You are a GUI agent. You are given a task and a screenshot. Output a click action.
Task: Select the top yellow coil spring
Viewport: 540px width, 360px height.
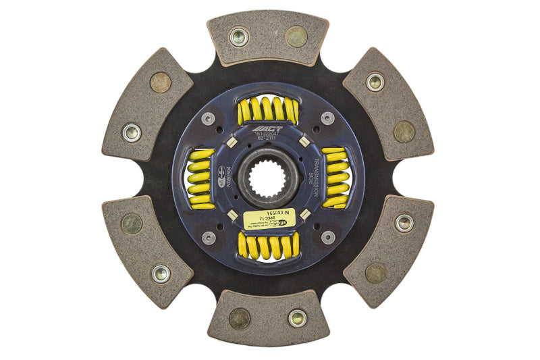point(268,110)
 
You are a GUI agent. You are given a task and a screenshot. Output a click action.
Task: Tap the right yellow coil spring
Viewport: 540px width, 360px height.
point(335,178)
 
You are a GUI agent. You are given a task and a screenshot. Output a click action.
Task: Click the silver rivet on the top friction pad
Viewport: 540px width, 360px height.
point(239,37)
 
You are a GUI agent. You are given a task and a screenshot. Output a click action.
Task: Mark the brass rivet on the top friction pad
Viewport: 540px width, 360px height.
point(296,36)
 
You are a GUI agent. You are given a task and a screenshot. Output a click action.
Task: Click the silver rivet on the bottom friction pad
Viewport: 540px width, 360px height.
point(297,318)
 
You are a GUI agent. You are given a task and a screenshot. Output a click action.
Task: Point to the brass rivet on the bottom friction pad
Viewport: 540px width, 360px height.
point(240,318)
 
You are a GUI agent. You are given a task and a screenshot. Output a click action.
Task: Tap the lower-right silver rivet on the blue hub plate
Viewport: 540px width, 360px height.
point(327,237)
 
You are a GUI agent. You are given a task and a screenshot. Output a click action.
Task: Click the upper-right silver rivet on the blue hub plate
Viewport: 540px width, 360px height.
point(327,119)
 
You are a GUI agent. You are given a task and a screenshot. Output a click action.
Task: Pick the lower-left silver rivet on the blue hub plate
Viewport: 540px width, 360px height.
point(209,237)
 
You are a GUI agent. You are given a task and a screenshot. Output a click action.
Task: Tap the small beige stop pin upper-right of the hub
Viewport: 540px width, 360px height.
point(304,142)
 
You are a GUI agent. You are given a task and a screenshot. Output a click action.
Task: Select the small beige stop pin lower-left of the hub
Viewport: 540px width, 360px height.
point(232,215)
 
